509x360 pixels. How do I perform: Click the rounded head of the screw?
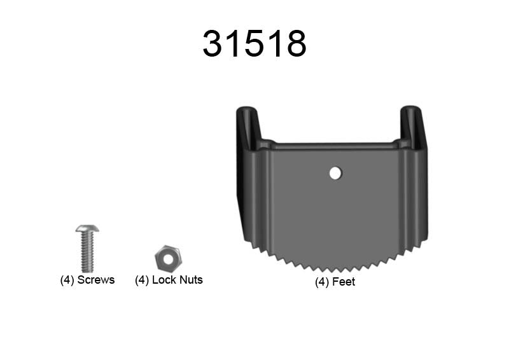(x=87, y=228)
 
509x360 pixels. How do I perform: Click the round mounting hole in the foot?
(x=335, y=172)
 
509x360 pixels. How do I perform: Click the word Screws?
(x=96, y=280)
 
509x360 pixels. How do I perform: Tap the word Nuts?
(x=190, y=280)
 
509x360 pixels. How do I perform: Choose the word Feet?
(x=344, y=282)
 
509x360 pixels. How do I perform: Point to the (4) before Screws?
(x=67, y=280)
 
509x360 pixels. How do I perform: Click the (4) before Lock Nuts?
(x=142, y=280)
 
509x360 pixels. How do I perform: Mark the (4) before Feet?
(x=322, y=282)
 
